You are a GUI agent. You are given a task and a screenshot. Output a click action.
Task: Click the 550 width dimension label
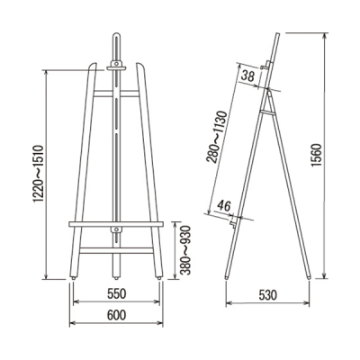click(x=116, y=294)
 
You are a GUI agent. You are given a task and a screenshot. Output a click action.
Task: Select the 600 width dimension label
click(x=116, y=315)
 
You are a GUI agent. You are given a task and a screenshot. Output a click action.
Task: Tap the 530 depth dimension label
click(x=267, y=295)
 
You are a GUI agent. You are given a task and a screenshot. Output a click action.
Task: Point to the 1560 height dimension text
click(x=317, y=156)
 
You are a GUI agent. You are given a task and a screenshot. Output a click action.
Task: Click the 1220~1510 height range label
click(x=39, y=174)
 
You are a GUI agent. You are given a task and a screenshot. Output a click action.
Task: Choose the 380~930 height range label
click(x=185, y=250)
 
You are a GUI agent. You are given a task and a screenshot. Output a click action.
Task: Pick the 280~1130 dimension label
click(x=218, y=137)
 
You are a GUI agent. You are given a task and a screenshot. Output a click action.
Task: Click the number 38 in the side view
click(x=248, y=76)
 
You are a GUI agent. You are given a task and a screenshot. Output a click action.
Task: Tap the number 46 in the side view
click(x=224, y=206)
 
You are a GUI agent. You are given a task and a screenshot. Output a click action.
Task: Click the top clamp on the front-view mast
click(x=116, y=66)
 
